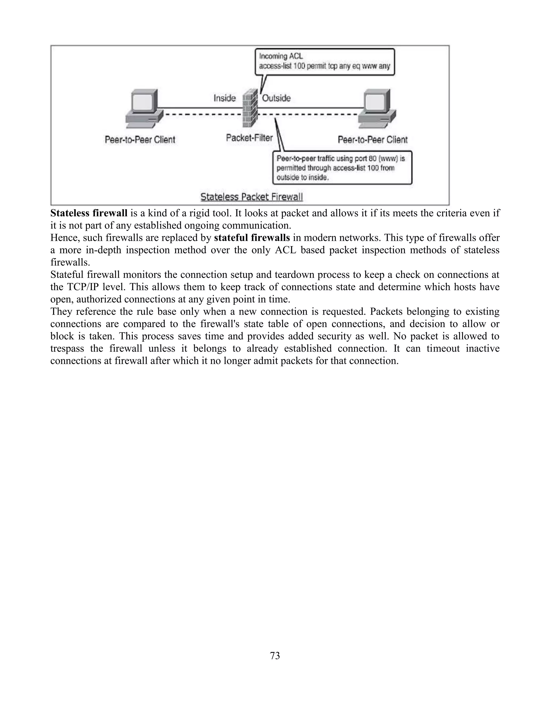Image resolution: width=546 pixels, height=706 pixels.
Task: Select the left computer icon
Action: [144, 109]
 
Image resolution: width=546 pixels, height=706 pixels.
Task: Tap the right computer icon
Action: [377, 109]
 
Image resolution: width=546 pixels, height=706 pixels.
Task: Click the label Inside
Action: [224, 98]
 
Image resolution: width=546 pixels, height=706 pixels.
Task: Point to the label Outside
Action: [276, 98]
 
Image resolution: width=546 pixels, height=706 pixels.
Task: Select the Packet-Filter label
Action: [249, 138]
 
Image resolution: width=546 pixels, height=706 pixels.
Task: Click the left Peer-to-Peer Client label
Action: [140, 140]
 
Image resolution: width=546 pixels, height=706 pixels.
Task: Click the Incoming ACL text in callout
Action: [281, 56]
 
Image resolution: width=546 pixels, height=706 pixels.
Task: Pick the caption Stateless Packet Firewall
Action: [252, 197]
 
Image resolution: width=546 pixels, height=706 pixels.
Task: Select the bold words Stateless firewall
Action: [89, 213]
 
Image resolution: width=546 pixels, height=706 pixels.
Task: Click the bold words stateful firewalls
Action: [252, 238]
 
